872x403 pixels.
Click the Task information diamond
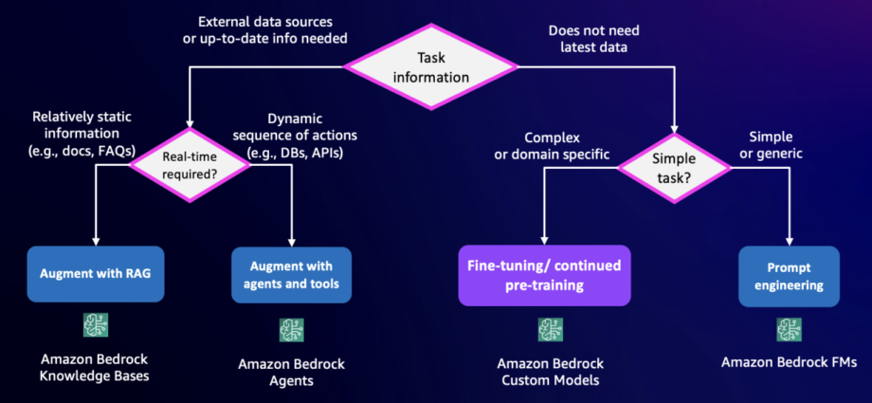tap(430, 66)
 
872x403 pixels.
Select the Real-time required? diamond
tap(190, 165)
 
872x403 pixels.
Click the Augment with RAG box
tap(96, 274)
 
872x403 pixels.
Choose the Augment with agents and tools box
tap(291, 275)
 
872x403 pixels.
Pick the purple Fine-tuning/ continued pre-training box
tap(544, 276)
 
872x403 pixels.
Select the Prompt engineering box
tap(789, 276)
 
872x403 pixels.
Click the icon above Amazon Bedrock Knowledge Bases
tap(96, 325)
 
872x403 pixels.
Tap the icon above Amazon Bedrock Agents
tap(291, 330)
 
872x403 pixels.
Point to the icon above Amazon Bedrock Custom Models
tap(550, 330)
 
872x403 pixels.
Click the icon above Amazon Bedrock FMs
tap(789, 330)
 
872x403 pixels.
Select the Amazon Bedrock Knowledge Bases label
tap(96, 367)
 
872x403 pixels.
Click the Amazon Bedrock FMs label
tap(789, 363)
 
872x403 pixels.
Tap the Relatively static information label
tap(83, 134)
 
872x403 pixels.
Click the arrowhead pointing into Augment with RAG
tap(96, 241)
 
